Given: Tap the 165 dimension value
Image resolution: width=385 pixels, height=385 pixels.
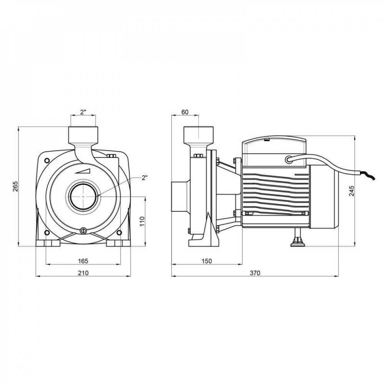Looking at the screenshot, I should (x=83, y=261).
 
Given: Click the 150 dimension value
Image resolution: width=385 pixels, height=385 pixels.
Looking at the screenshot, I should (x=206, y=261).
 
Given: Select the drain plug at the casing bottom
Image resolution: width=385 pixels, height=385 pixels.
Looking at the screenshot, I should (x=83, y=231).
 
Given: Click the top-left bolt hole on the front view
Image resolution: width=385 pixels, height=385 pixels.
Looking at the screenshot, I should (x=47, y=160).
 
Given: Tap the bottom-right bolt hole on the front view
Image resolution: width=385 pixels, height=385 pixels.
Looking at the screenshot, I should (x=119, y=232).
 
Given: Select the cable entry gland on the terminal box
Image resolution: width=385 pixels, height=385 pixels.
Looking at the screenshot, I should (x=288, y=159).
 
